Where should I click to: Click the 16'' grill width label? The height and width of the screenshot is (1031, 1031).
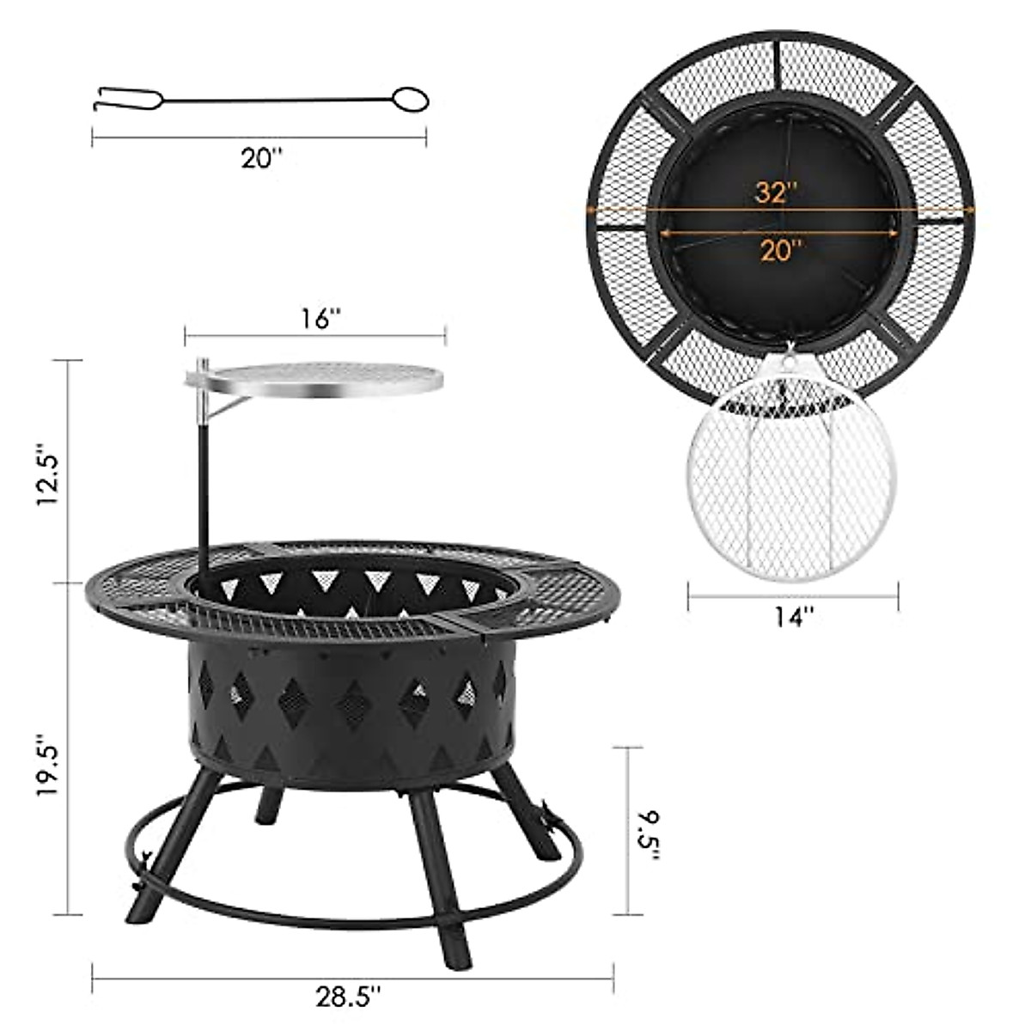click(316, 319)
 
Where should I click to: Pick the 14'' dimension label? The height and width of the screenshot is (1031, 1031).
click(792, 616)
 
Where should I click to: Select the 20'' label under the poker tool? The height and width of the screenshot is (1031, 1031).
click(260, 159)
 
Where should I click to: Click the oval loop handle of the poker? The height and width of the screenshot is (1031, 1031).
click(412, 100)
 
